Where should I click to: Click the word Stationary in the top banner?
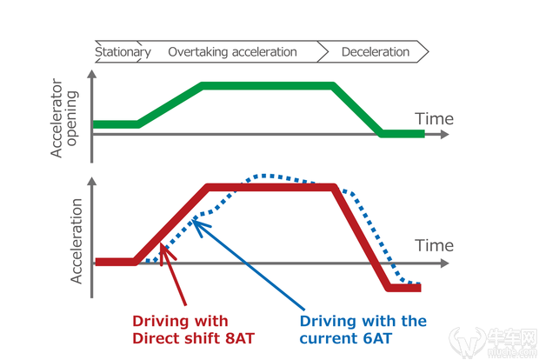[123, 52]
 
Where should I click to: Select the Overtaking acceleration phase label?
[232, 52]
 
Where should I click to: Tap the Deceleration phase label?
[375, 52]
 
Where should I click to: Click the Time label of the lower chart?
[434, 245]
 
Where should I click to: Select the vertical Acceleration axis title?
[76, 241]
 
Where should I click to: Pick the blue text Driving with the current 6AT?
[363, 329]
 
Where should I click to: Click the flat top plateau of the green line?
[267, 85]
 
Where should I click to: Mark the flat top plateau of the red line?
[269, 186]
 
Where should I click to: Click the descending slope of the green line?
[357, 110]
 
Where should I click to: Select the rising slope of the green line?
[170, 104]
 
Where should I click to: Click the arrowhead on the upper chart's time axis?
[444, 135]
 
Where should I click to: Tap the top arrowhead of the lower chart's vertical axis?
[92, 184]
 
